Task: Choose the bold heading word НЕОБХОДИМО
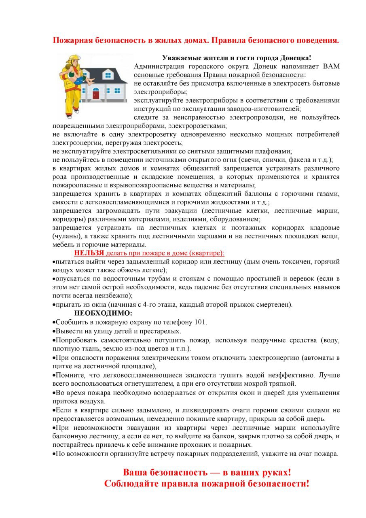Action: click(x=103, y=313)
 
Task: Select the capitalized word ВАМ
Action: click(x=331, y=66)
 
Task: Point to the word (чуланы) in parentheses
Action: click(x=66, y=236)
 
